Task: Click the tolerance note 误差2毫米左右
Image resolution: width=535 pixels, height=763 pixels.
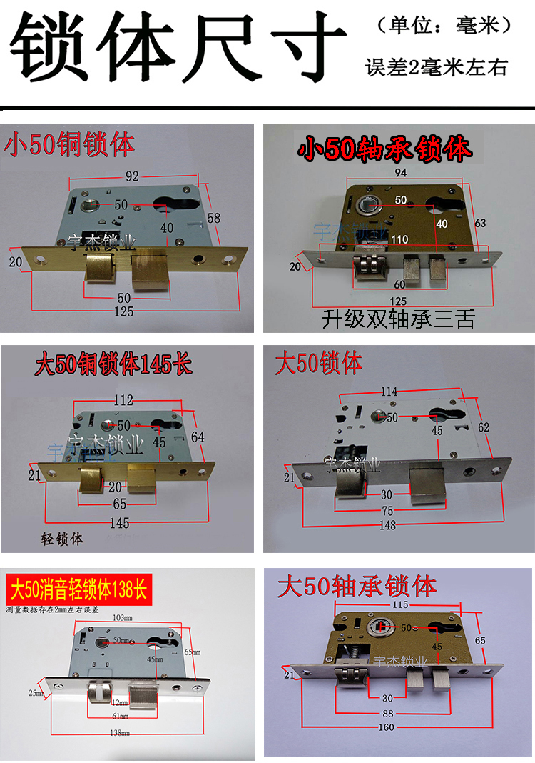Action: click(x=436, y=68)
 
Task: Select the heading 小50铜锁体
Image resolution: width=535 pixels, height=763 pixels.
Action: click(x=69, y=145)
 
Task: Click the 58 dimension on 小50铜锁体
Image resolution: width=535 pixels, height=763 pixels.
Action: click(x=215, y=217)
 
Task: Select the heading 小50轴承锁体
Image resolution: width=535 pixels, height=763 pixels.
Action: click(x=385, y=149)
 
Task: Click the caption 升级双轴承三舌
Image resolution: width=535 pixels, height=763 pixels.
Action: click(x=397, y=319)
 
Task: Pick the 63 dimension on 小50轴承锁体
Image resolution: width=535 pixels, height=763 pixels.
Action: click(x=480, y=224)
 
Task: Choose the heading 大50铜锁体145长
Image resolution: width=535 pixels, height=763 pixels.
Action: click(x=113, y=366)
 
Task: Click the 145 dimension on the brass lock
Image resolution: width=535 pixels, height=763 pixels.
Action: click(x=119, y=523)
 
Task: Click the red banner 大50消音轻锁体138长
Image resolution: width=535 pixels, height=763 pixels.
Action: click(x=77, y=591)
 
